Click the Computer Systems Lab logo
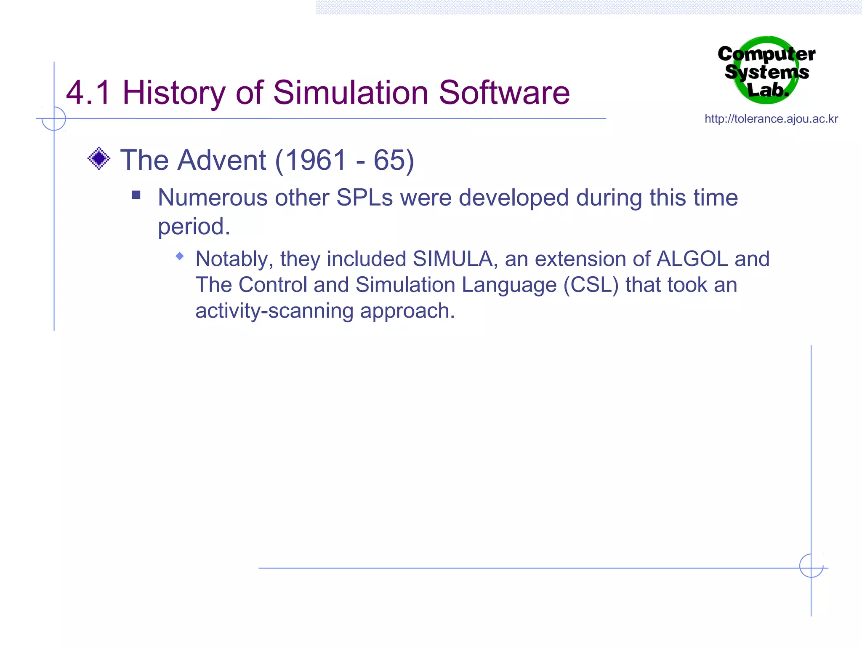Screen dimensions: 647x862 click(767, 71)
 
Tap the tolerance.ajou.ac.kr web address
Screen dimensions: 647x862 click(771, 119)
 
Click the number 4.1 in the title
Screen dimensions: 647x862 click(88, 93)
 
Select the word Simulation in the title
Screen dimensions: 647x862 click(351, 93)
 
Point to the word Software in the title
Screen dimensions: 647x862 click(504, 93)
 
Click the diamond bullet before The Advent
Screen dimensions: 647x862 click(99, 159)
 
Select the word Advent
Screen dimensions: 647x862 click(222, 160)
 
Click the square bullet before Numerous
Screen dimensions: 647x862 click(136, 195)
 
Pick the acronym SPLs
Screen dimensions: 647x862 click(364, 198)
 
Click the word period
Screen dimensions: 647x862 click(194, 227)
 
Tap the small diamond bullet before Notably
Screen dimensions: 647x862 click(180, 256)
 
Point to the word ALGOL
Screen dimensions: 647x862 click(692, 259)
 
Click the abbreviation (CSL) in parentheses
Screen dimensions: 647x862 click(591, 285)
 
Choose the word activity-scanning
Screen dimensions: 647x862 click(274, 311)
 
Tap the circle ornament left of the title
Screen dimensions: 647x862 click(54, 118)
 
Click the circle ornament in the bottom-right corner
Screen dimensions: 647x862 click(811, 566)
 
